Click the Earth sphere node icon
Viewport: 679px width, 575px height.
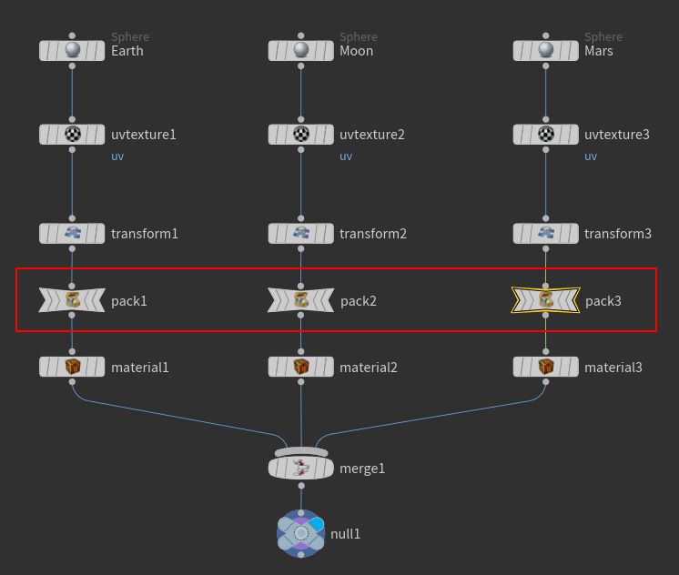[73, 51]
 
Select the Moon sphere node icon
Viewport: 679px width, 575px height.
[301, 51]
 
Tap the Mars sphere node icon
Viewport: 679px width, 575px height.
[546, 51]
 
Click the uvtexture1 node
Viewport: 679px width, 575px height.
[73, 135]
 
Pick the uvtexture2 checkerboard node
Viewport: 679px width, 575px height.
[301, 135]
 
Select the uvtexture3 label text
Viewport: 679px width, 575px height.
[617, 135]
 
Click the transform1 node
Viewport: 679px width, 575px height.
[73, 234]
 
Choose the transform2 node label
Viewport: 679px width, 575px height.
[373, 234]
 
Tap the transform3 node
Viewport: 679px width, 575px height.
[546, 234]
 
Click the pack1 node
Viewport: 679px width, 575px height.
[73, 300]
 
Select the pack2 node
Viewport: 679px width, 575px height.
[301, 300]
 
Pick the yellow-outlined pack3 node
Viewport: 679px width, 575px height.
[546, 300]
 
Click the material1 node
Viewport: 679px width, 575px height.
[73, 367]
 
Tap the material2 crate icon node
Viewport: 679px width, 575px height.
[301, 367]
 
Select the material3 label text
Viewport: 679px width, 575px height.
[613, 368]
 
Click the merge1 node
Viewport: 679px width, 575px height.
[301, 469]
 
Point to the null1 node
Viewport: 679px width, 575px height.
[301, 533]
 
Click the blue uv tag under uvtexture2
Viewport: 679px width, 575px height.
[346, 156]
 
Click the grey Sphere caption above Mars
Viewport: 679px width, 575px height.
[603, 37]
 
